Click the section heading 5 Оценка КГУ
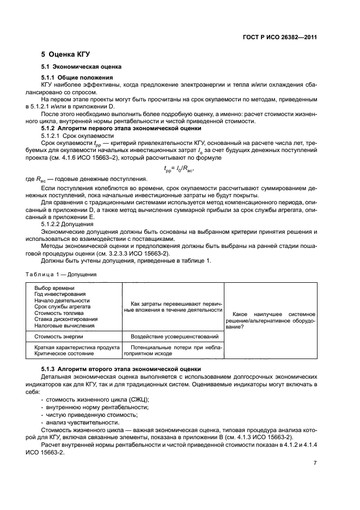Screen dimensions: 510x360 65,54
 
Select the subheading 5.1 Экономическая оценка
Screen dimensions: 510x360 81,66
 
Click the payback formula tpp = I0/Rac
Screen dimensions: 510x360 180,169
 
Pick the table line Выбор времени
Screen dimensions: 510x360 54,288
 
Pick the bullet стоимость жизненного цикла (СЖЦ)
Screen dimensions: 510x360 90,399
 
